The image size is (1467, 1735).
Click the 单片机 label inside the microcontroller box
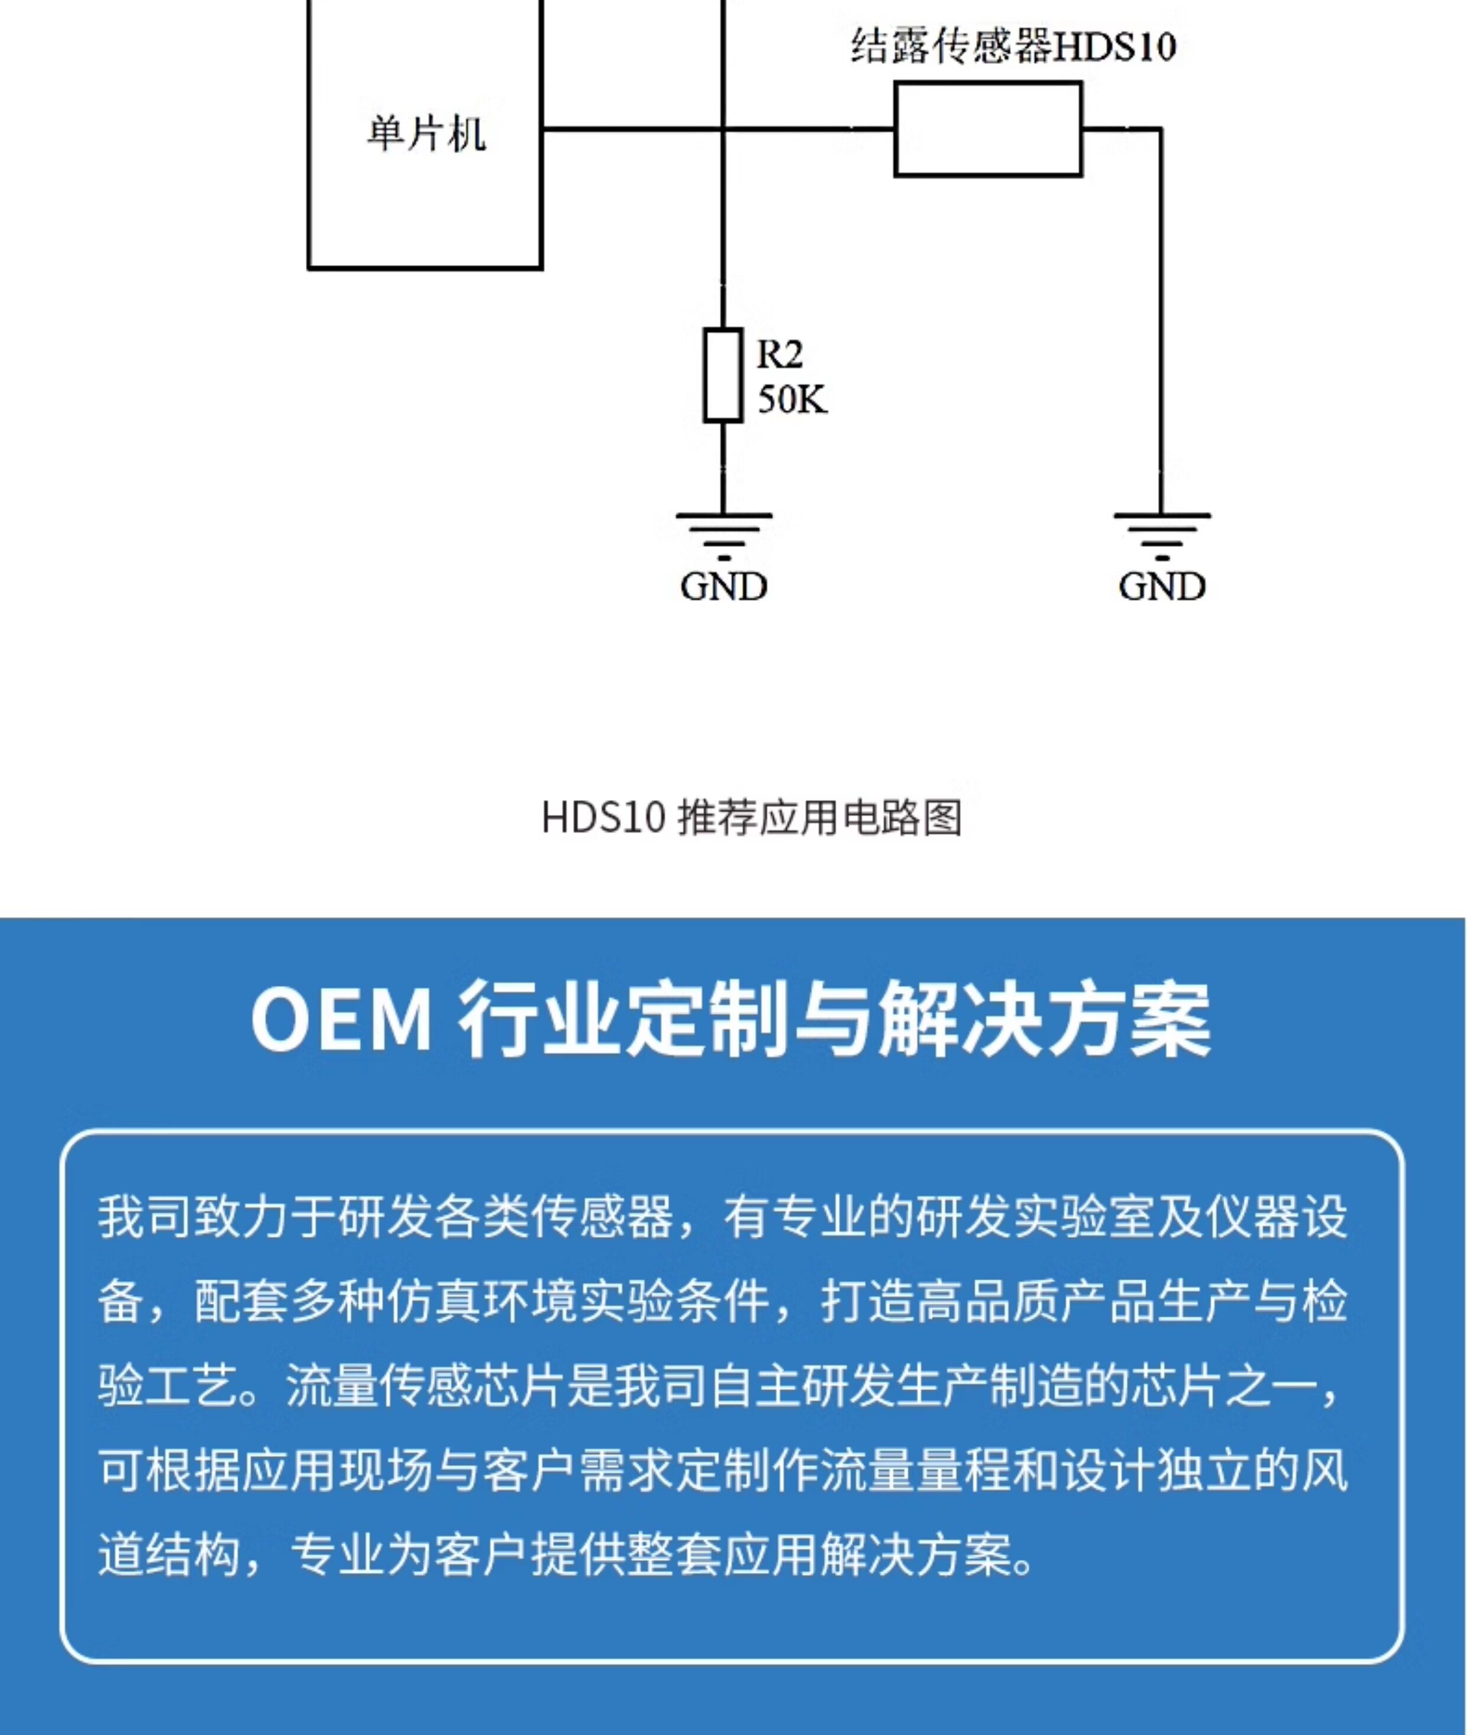[426, 133]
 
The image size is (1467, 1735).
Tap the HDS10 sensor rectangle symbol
[988, 129]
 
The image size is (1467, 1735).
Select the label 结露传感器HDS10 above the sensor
[1013, 46]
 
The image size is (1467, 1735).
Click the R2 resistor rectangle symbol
[723, 375]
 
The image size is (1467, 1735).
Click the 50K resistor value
[791, 400]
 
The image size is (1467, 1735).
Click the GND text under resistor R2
[723, 587]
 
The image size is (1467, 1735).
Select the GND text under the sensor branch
[1162, 587]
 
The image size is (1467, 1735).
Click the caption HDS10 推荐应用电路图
[751, 818]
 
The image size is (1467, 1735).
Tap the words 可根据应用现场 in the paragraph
[264, 1470]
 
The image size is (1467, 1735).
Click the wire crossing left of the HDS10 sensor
[723, 129]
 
